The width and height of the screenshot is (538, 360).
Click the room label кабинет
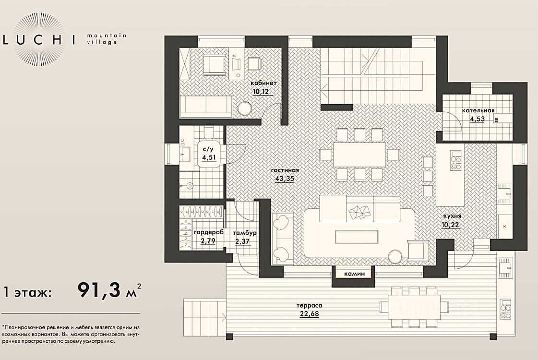(x=263, y=83)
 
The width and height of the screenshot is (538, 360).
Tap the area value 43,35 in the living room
(x=285, y=179)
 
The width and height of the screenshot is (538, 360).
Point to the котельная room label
(x=478, y=110)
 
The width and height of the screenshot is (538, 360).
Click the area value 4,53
(x=477, y=119)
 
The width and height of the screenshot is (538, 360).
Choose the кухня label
(x=452, y=216)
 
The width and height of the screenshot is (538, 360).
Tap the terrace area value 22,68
(x=309, y=313)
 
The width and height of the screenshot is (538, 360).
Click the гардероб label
(x=209, y=232)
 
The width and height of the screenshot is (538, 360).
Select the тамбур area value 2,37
(x=242, y=241)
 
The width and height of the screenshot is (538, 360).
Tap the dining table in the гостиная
(x=359, y=154)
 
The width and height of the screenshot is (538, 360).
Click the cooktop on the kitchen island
(x=456, y=161)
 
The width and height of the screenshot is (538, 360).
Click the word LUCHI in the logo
(x=39, y=40)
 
